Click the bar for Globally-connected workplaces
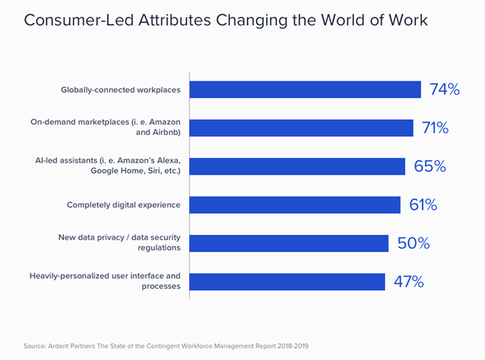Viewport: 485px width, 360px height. point(305,89)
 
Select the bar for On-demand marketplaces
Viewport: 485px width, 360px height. point(301,128)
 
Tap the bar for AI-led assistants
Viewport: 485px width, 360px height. point(297,166)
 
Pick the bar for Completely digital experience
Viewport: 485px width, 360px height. point(295,204)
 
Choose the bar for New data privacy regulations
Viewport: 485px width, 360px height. point(289,243)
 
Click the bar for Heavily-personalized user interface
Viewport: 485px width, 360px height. point(287,282)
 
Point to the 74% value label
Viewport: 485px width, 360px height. point(444,89)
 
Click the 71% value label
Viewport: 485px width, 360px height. point(435,128)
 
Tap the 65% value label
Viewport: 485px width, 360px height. point(430,166)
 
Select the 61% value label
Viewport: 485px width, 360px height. point(423,204)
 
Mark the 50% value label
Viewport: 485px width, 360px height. point(414,243)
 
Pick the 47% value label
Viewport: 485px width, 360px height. point(408,282)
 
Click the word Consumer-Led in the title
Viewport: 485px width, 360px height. point(79,20)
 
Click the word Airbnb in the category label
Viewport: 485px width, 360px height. point(167,132)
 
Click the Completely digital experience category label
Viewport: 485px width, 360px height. point(124,205)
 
